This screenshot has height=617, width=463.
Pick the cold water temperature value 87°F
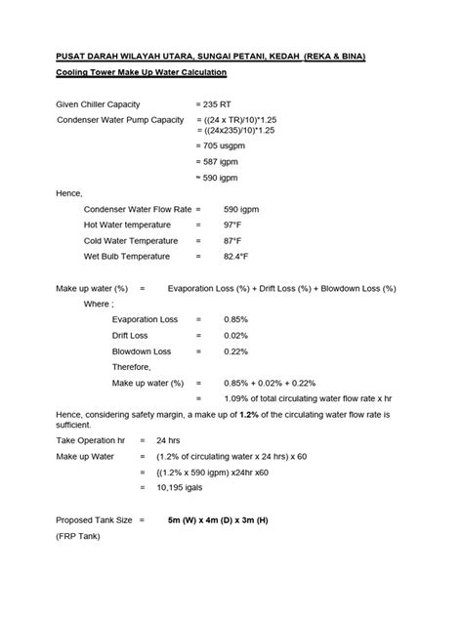232,240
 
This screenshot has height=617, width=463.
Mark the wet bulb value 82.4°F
236,256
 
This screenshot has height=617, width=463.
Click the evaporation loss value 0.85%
235,319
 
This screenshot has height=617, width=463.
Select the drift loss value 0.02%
235,335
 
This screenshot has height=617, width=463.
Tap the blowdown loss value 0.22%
235,350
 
